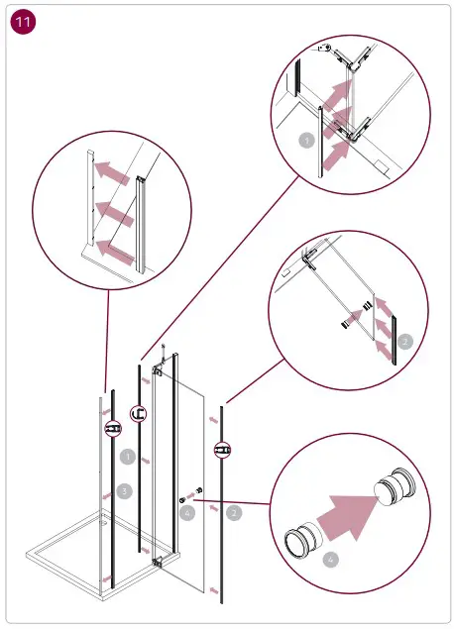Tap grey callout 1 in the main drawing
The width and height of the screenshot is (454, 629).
pyautogui.click(x=127, y=458)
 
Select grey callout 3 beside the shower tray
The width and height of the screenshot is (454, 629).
pyautogui.click(x=124, y=490)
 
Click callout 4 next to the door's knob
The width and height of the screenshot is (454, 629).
pyautogui.click(x=188, y=512)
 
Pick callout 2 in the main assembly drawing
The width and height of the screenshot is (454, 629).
pyautogui.click(x=234, y=512)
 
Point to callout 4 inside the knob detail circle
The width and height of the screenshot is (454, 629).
pyautogui.click(x=331, y=560)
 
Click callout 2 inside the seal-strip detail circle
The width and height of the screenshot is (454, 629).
pyautogui.click(x=404, y=341)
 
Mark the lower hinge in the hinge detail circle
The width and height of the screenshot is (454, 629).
pyautogui.click(x=353, y=127)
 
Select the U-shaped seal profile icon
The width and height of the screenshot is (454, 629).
pyautogui.click(x=141, y=415)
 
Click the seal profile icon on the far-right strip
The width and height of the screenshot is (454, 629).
pyautogui.click(x=222, y=451)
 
